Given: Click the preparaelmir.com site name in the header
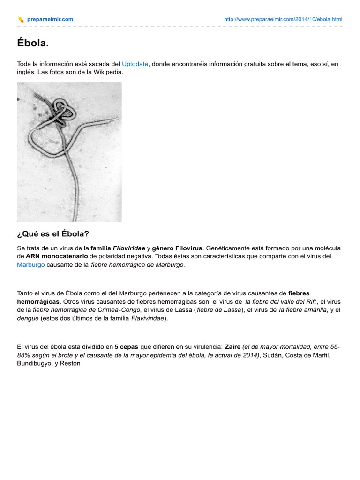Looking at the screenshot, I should [x=50, y=19].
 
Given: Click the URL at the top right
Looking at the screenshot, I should [x=283, y=19].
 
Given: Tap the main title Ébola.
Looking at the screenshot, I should [x=33, y=44].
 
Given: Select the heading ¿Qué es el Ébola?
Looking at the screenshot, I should [x=53, y=233].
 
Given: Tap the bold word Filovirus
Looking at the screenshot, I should [x=189, y=247].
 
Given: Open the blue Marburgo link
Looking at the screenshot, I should [x=31, y=264].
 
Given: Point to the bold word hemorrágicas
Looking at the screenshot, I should [x=39, y=301].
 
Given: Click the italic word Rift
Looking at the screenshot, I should [x=311, y=301].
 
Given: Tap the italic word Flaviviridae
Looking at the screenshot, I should [x=144, y=318].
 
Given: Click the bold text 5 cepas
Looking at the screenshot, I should [x=126, y=347].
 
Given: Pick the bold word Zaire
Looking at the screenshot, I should [x=233, y=347].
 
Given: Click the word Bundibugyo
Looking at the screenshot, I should [x=35, y=363].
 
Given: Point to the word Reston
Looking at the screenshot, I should [x=70, y=363].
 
